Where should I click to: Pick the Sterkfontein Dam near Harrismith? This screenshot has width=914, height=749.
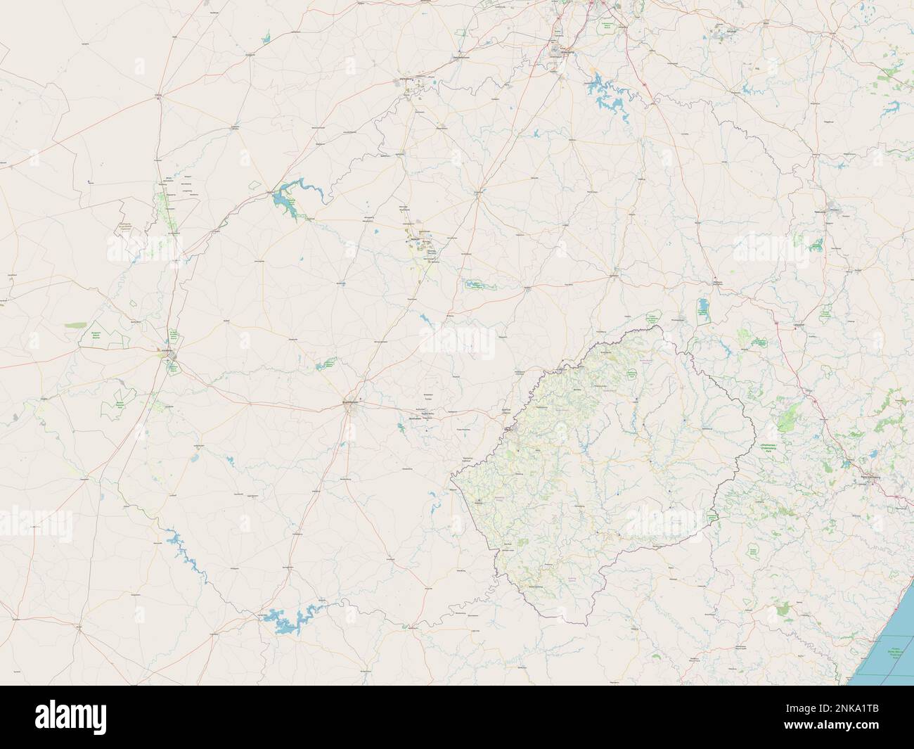702,309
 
